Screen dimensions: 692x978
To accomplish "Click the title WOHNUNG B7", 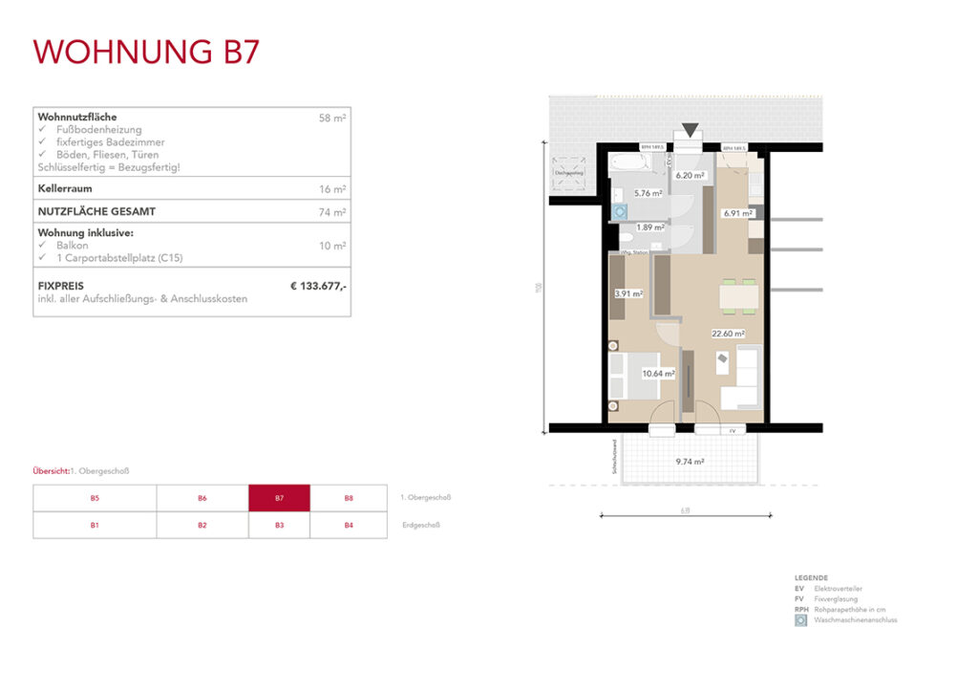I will pos(146,51).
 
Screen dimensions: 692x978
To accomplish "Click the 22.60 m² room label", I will pos(727,334).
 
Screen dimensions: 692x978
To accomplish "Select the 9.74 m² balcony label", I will pos(689,462).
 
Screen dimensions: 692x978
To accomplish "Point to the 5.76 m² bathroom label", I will pos(648,192).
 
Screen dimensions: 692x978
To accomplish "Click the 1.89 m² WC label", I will pos(650,227).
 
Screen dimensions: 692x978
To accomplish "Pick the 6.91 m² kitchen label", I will pos(738,213).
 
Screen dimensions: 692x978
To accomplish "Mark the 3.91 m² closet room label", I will pos(627,294).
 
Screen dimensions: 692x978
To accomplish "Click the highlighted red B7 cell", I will pos(279,498).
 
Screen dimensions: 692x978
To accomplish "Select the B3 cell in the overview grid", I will pos(279,525).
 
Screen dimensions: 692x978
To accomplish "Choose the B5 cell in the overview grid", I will pos(95,498).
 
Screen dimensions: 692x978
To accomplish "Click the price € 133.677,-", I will pos(318,286).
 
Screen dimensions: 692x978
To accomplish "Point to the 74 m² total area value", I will pos(332,212).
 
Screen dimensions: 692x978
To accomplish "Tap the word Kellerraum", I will pos(65,188).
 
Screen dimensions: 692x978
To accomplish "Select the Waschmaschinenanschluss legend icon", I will pos(800,620).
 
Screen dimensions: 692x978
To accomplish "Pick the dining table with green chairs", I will pos(738,297).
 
